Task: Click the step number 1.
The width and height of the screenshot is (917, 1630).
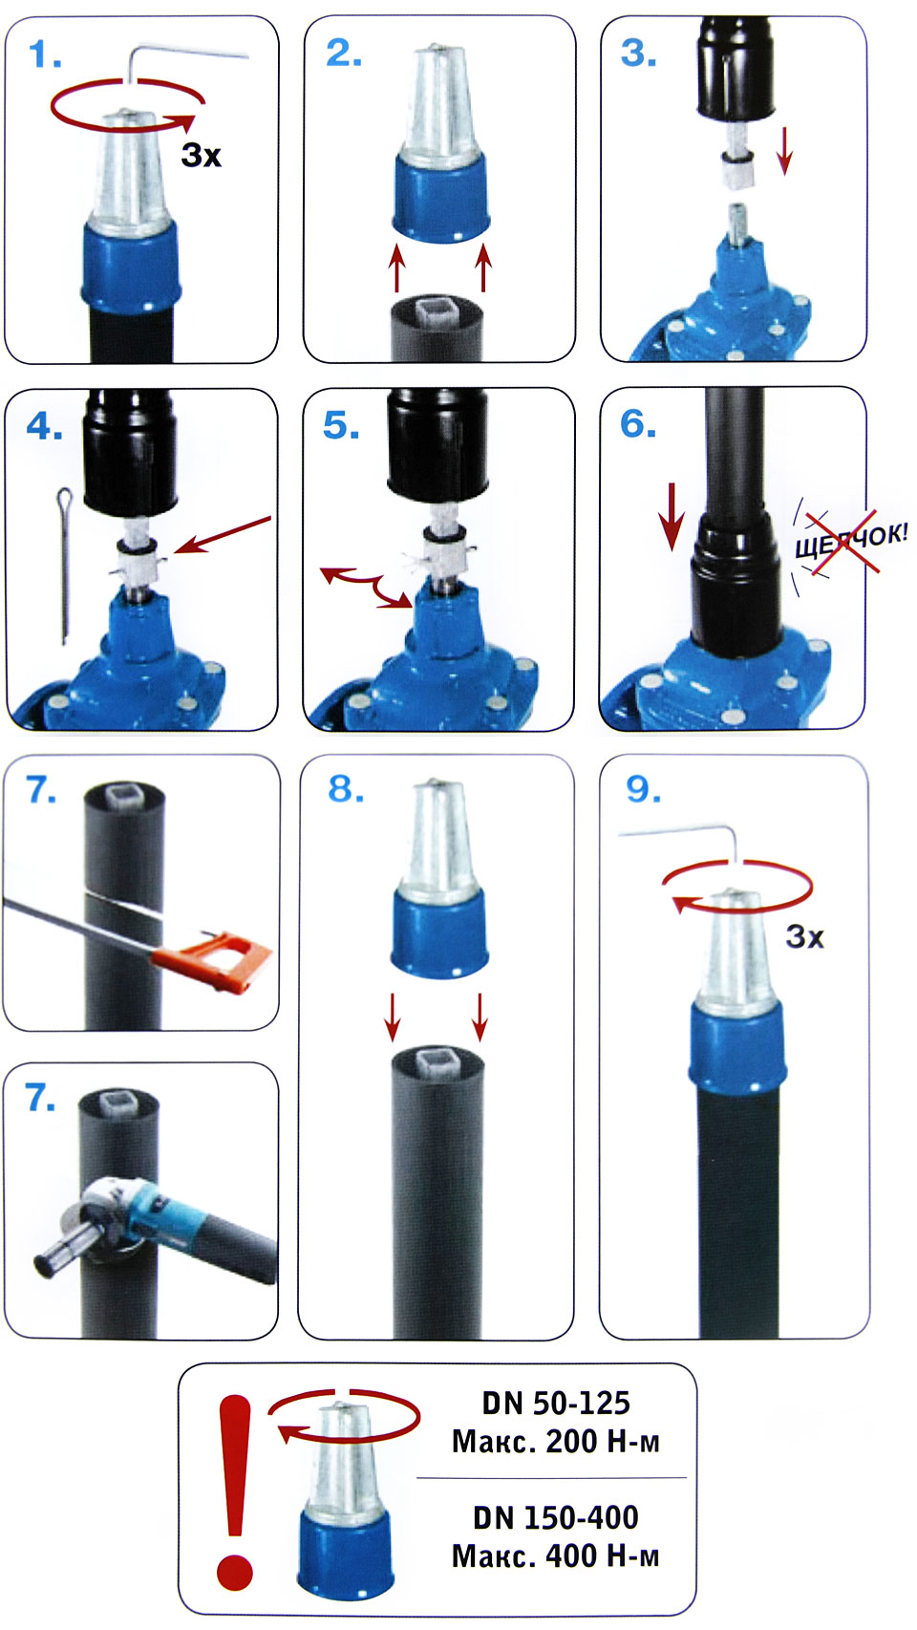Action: click(x=45, y=55)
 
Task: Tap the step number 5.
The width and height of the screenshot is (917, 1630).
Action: click(x=341, y=425)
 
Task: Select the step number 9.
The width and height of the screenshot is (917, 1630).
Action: click(x=644, y=789)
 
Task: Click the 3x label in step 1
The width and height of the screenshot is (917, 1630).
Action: click(x=201, y=155)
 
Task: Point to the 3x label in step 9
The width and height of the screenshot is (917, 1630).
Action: click(x=805, y=937)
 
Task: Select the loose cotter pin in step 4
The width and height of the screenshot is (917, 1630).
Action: click(x=65, y=566)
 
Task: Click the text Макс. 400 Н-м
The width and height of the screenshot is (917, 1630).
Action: click(x=555, y=1556)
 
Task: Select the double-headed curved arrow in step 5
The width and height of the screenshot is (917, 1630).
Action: click(x=365, y=584)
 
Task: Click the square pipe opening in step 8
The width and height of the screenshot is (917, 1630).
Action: click(x=437, y=1063)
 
